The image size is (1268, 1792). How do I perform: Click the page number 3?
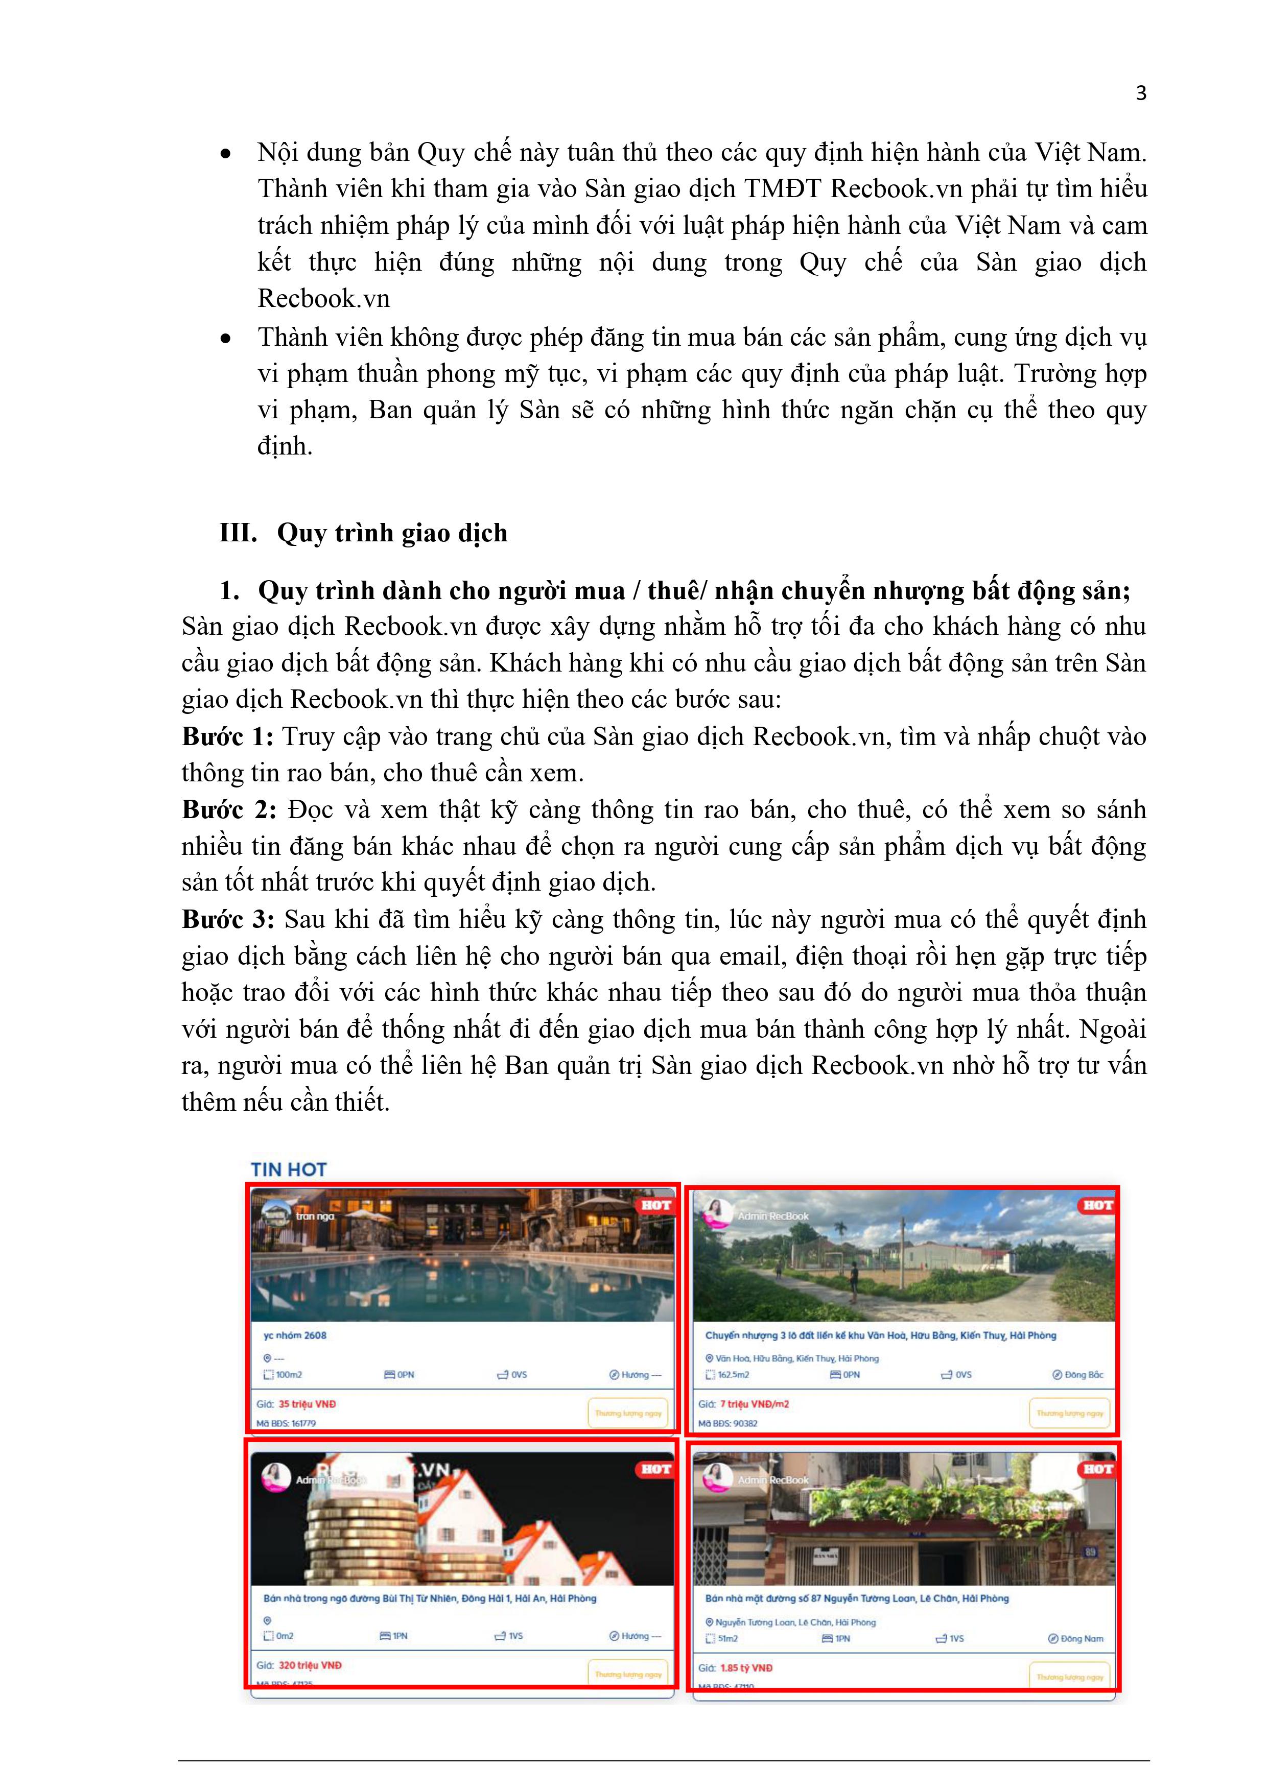pos(1141,93)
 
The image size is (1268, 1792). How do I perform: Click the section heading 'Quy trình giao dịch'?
pos(392,533)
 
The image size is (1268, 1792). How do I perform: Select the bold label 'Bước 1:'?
pos(227,737)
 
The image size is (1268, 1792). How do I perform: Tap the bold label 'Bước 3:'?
pos(228,919)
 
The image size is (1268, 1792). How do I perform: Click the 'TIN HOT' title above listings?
pos(288,1169)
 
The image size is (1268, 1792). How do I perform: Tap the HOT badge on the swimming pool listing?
pos(656,1205)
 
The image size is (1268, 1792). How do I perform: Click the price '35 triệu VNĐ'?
pos(307,1404)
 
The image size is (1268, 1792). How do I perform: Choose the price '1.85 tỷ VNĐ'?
pos(746,1668)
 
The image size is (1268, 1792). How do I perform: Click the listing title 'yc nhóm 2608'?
pos(295,1335)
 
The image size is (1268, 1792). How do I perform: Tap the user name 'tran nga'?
pos(315,1216)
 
